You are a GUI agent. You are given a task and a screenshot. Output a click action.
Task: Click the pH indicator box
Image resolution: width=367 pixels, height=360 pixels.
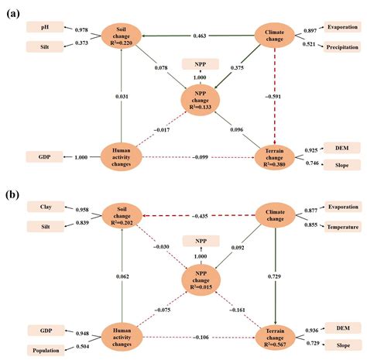tap(44, 27)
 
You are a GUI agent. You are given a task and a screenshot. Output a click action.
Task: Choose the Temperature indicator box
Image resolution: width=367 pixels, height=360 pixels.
tap(341, 226)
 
